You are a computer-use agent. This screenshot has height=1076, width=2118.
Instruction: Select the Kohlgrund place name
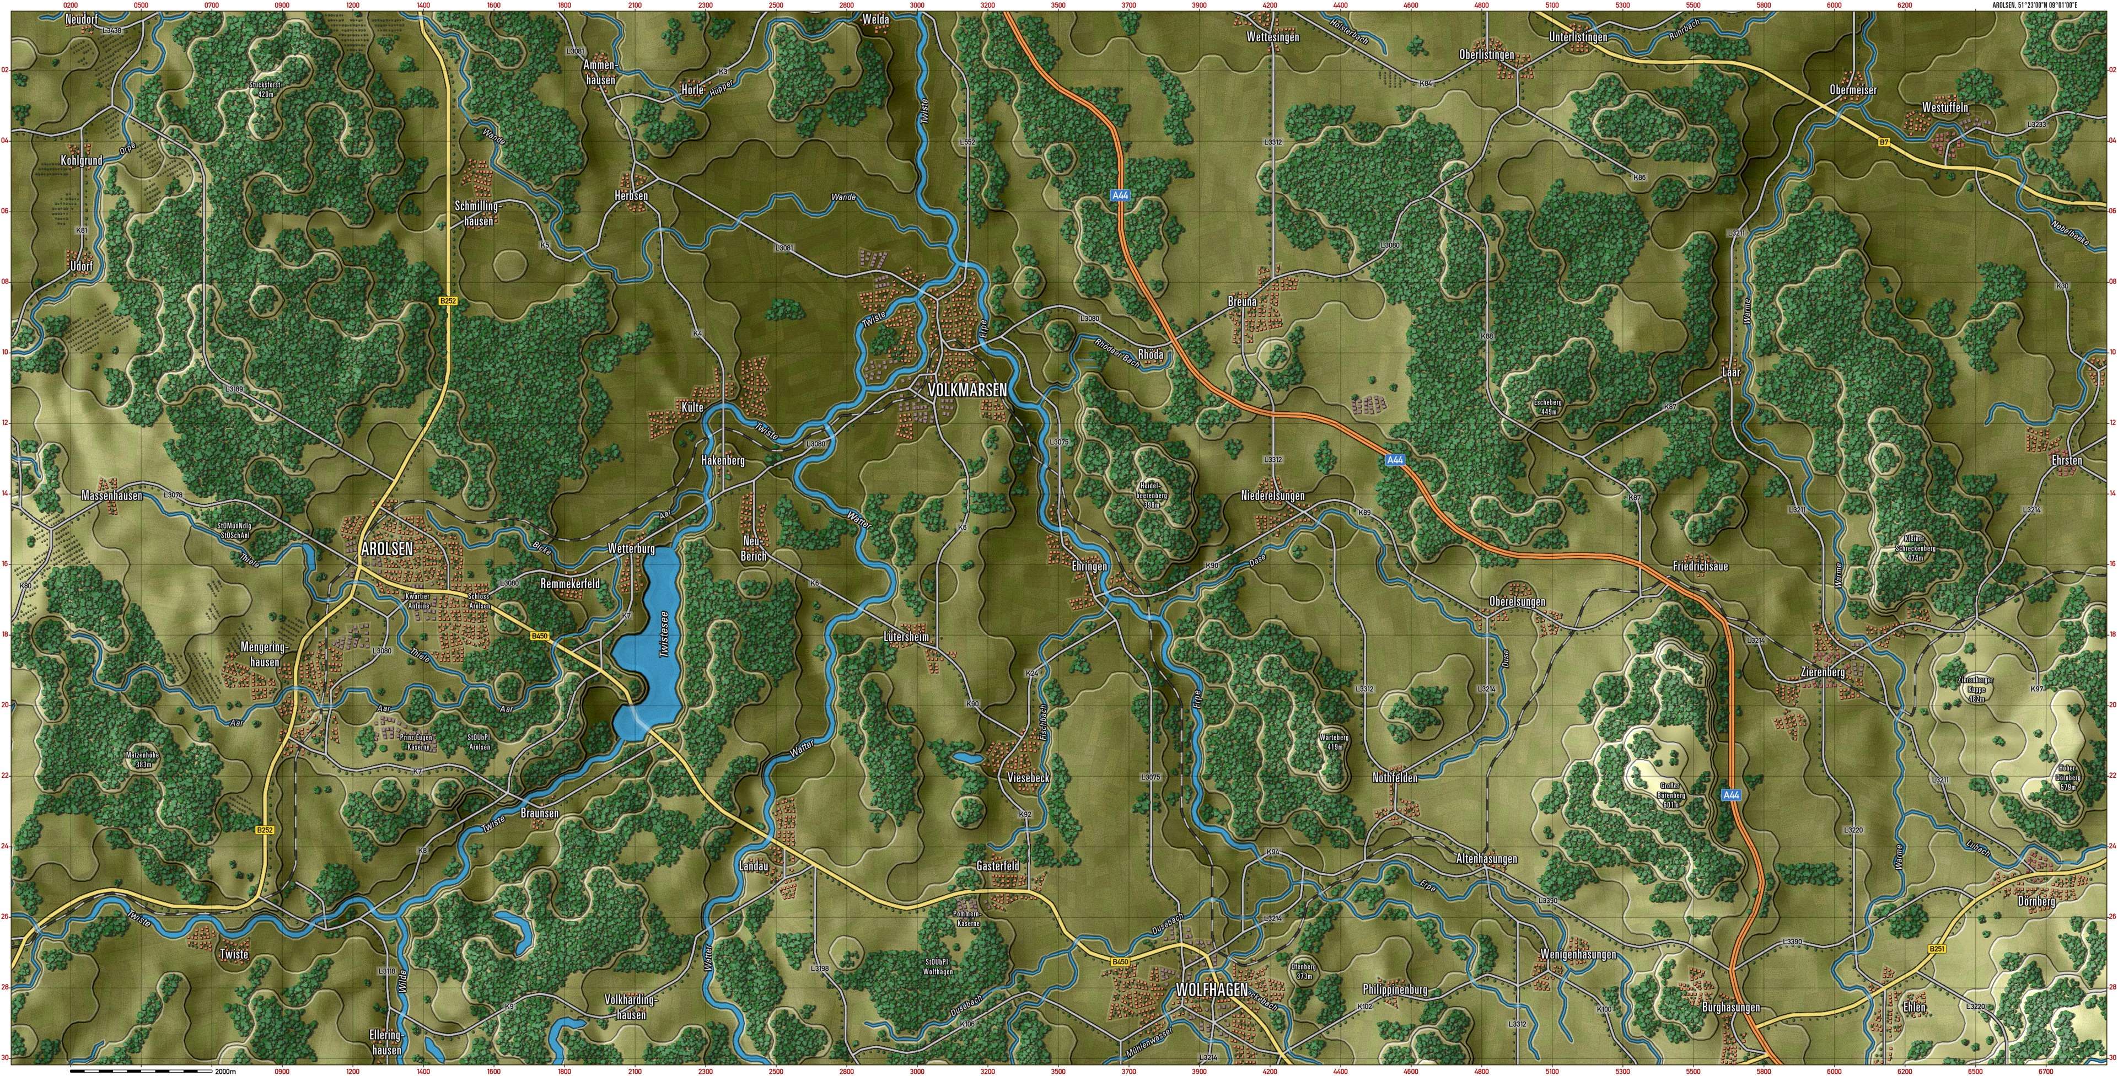coord(82,160)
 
